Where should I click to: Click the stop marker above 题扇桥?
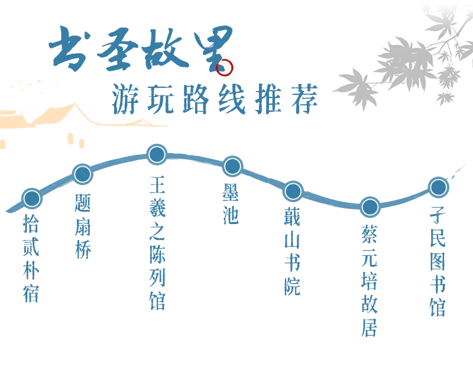click(83, 174)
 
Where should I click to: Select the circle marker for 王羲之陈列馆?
click(157, 154)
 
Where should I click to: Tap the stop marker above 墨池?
click(232, 166)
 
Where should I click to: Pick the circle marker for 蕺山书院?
click(293, 192)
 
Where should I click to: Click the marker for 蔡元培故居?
click(370, 207)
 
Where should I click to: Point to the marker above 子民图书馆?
click(438, 187)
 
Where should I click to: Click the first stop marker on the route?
click(32, 198)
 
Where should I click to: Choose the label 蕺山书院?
click(293, 251)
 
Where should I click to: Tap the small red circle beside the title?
click(225, 68)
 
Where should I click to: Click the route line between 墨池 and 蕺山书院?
click(263, 179)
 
